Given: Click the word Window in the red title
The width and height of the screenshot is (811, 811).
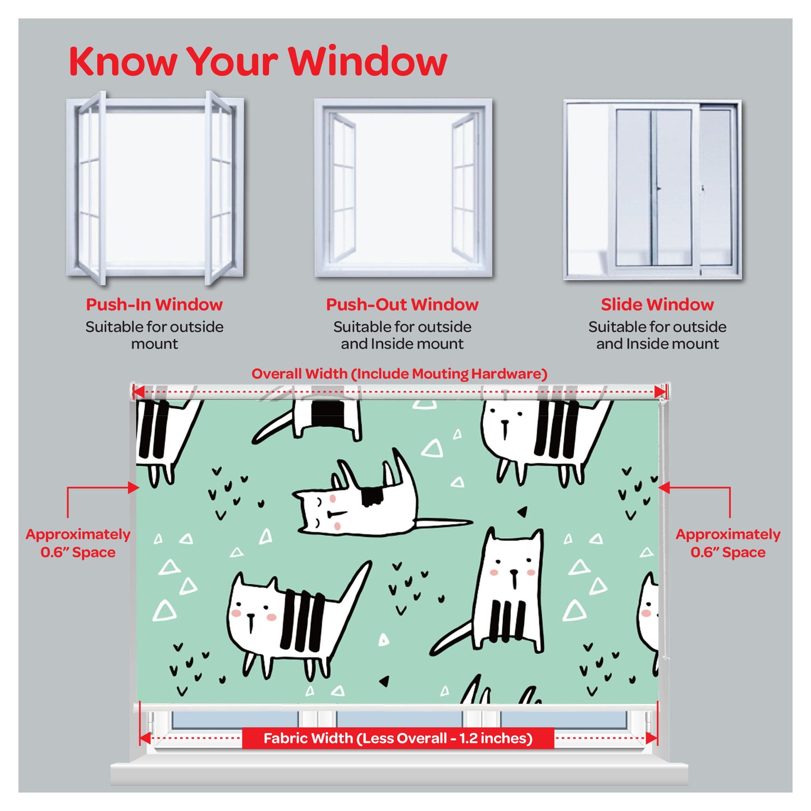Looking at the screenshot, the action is (x=368, y=61).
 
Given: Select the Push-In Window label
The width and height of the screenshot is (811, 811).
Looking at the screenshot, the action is (x=154, y=305).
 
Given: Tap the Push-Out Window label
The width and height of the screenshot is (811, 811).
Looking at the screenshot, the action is (x=402, y=305).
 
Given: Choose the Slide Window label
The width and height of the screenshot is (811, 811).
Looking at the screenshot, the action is (x=657, y=305).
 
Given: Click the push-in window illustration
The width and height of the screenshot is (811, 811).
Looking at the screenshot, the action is (x=155, y=188).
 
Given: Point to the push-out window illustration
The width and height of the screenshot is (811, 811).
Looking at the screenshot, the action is (x=403, y=188).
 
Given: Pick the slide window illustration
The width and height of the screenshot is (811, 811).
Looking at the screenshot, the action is (x=652, y=190).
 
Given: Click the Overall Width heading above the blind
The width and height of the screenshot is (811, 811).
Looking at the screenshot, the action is (x=400, y=374).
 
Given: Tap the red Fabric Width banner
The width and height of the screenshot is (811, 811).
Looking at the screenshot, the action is (x=398, y=738).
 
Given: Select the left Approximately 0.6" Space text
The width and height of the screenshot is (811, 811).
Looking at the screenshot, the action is (x=78, y=543).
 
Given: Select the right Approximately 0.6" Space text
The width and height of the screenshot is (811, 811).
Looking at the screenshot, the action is (x=728, y=543).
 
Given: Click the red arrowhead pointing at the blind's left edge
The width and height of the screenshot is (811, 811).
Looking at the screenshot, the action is (x=134, y=488).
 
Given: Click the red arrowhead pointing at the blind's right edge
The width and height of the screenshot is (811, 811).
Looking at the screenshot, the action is (x=664, y=488).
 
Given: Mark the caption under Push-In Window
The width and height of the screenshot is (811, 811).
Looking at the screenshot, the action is (x=154, y=336).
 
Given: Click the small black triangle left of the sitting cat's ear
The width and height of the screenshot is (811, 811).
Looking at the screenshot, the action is (x=523, y=512).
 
